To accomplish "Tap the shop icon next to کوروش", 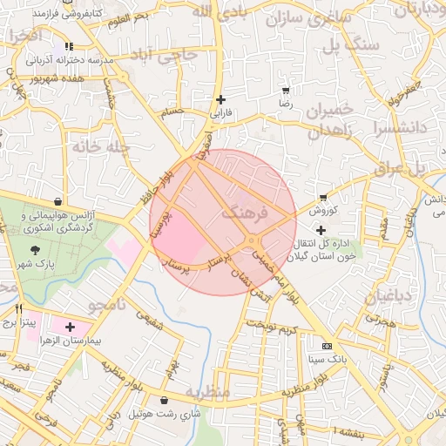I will (324, 198).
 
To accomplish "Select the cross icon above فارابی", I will (220, 99).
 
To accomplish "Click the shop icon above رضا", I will (286, 91).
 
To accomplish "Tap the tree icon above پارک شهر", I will (35, 250).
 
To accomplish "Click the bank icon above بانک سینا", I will (327, 346).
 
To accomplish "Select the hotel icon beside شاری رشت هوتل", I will (165, 401).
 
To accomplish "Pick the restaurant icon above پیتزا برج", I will (19, 309).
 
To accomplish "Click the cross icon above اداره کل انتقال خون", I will (322, 229).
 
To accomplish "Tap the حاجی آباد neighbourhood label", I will (165, 55).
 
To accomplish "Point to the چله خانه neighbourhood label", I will (102, 147).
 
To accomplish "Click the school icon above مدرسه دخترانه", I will (69, 47).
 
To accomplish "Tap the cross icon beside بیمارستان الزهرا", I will (70, 328).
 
